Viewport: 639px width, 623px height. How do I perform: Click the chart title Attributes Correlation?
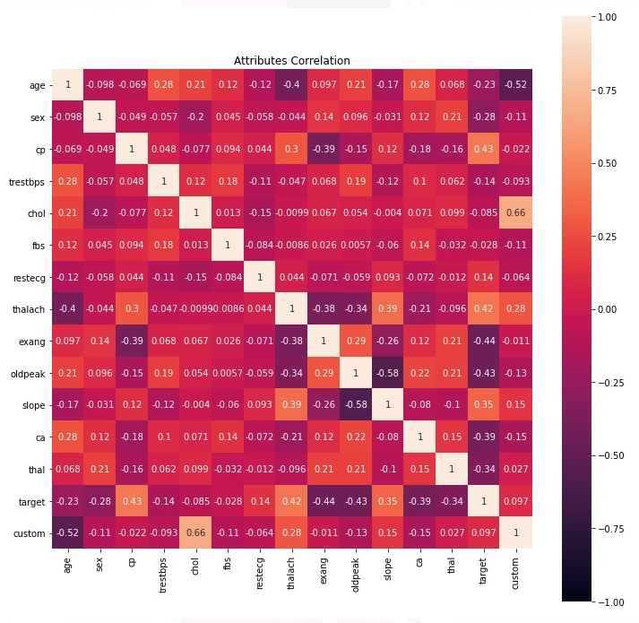click(x=292, y=61)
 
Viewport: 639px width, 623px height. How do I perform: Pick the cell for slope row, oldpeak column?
click(x=356, y=404)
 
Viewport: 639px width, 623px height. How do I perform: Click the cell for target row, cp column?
click(x=133, y=500)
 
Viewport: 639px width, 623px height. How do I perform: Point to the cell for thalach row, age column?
click(x=69, y=308)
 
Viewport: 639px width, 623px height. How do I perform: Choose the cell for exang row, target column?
click(x=484, y=341)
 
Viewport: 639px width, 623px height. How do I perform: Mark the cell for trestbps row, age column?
click(x=69, y=180)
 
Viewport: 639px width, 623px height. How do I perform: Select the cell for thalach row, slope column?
click(x=388, y=308)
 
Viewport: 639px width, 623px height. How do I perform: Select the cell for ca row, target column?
click(x=484, y=437)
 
